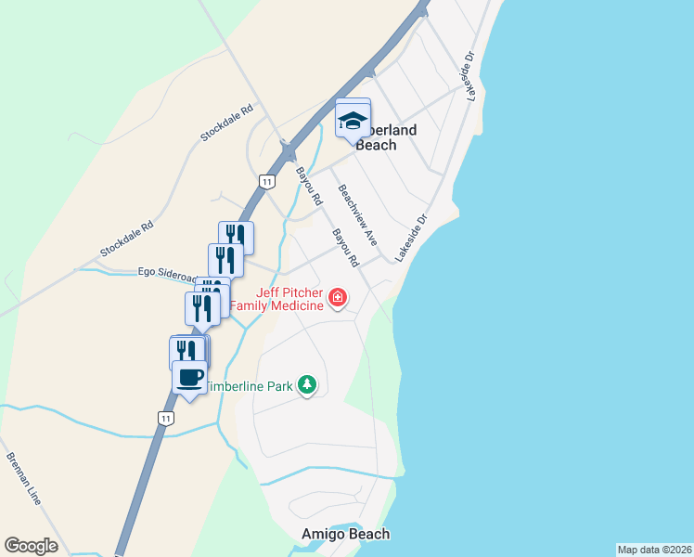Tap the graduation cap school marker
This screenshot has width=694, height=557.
353,119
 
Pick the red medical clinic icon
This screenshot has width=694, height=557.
338,298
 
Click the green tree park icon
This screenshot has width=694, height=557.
307,384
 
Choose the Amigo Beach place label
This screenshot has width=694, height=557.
346,534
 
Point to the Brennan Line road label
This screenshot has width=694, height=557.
23,478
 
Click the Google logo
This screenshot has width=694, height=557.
31,546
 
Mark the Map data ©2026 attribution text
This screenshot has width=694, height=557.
654,550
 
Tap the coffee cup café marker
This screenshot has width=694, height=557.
189,379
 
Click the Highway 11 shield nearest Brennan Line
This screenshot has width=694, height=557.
164,418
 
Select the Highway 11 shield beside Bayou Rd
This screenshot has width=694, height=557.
267,182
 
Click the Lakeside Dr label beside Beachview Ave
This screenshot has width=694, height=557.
412,239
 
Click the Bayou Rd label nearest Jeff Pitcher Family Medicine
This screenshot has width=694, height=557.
345,246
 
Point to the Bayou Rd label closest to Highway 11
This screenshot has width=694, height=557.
309,186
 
